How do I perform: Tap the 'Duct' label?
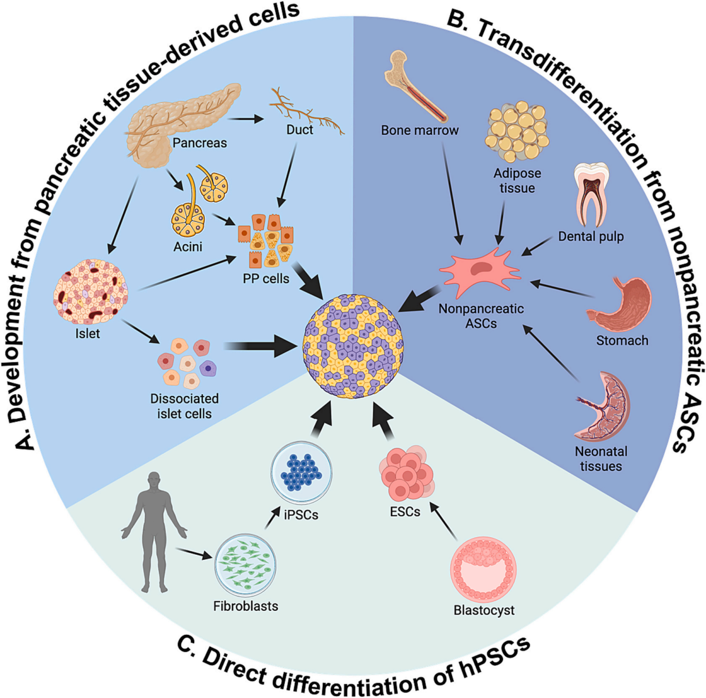tap(300, 129)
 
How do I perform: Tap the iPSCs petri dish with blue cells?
tap(301, 473)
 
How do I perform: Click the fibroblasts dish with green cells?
tap(245, 565)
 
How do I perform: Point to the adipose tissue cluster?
tap(517, 131)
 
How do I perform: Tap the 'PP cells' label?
tap(266, 279)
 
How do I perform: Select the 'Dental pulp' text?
tap(591, 237)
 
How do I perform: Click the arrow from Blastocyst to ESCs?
tap(444, 522)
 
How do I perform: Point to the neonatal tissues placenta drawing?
tap(601, 406)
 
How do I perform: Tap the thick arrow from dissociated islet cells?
tap(260, 346)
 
